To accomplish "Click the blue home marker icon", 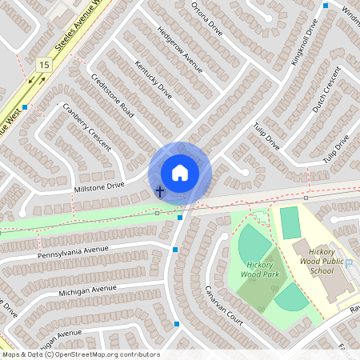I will (x=180, y=172).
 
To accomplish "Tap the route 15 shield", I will (x=43, y=64).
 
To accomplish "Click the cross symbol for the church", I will (x=160, y=191).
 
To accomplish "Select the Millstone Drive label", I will (x=99, y=186).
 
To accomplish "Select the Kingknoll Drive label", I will (x=306, y=44).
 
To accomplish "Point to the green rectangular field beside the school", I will (x=290, y=222).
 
